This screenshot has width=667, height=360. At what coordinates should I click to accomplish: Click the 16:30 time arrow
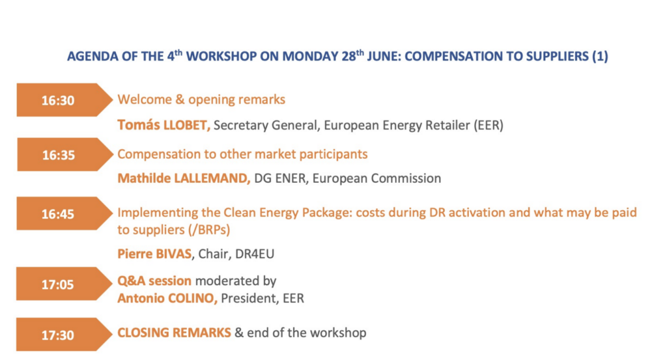pos(64,100)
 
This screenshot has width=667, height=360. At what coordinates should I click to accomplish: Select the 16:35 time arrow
pos(64,155)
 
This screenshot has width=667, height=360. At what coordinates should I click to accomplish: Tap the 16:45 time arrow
pos(64,214)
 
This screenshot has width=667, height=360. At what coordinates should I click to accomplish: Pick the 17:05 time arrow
pos(64,284)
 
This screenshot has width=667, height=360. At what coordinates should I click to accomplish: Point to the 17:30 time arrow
pos(64,335)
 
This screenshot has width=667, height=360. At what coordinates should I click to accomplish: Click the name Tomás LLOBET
pos(163,125)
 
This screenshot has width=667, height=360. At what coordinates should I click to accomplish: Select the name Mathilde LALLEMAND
pos(184,178)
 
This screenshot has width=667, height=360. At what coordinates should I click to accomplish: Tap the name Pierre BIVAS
pos(154,254)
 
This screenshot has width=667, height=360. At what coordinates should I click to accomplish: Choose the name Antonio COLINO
pos(167,298)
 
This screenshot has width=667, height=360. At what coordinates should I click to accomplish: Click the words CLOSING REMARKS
pos(174,333)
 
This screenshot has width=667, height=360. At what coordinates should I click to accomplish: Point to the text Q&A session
pos(154,281)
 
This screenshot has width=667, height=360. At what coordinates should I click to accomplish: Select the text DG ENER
pos(280,178)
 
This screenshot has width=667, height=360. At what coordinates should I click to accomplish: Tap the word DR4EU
pos(255,254)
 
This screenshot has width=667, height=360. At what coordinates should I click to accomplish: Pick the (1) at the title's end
pos(600,56)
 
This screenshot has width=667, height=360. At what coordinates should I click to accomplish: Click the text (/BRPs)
pos(202,230)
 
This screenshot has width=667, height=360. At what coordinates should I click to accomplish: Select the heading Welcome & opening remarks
pos(201,100)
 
